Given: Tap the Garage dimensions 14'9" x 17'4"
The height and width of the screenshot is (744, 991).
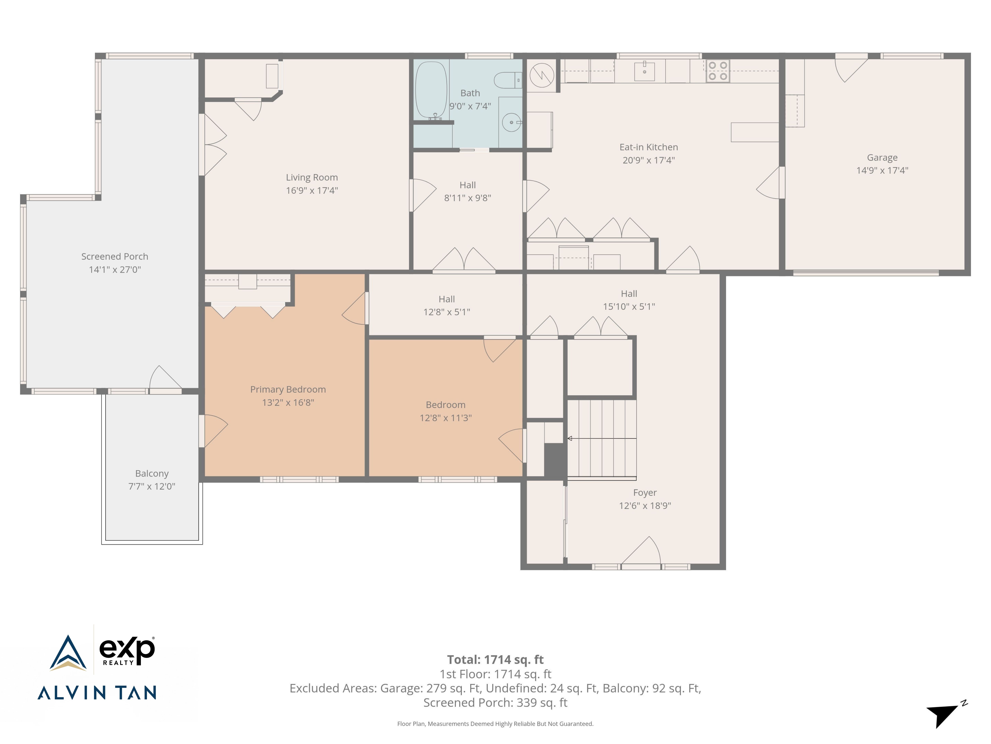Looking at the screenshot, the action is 882,170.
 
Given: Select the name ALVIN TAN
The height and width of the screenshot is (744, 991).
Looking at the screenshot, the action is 97,693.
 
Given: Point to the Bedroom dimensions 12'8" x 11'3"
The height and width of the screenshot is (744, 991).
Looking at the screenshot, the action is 446,418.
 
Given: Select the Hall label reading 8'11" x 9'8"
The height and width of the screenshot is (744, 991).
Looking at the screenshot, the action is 468,191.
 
